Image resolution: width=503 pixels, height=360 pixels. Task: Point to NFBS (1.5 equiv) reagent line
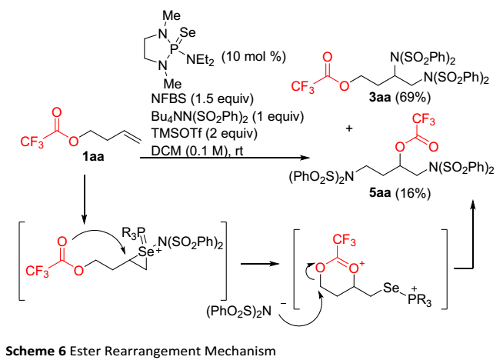click(195, 101)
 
